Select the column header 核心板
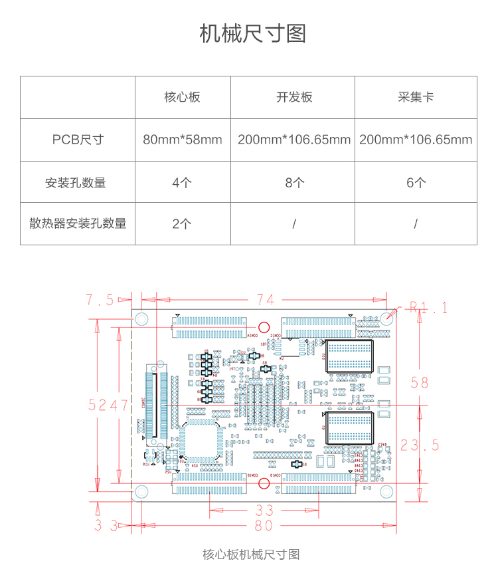point(182,97)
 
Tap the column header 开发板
point(294,97)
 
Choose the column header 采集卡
point(416,97)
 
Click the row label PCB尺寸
point(78,140)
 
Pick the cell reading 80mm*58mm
point(183,140)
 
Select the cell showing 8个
point(294,182)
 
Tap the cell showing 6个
point(416,182)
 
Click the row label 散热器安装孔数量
point(78,223)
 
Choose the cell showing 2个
point(182,223)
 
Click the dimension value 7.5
point(100,300)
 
